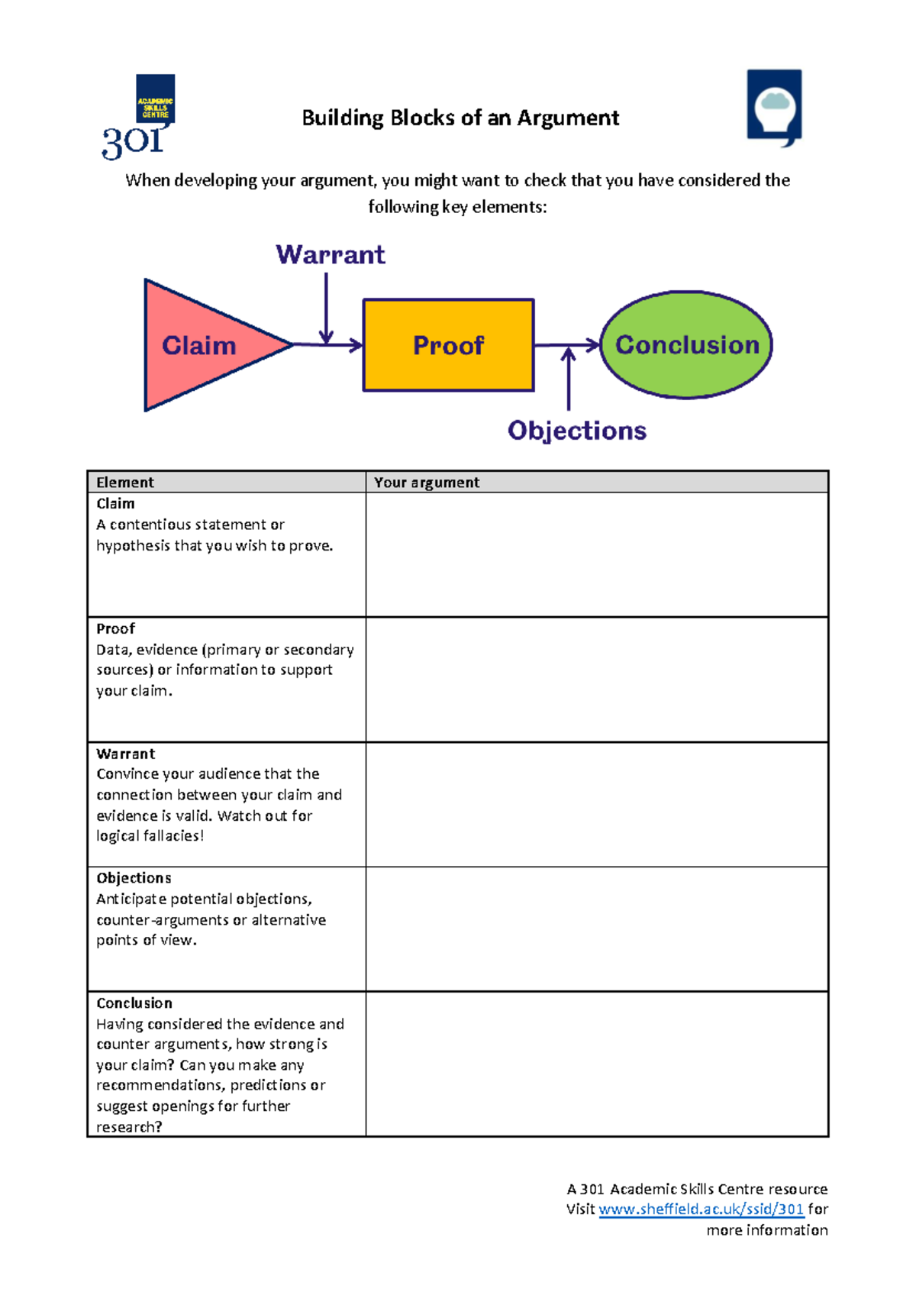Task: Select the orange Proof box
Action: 448,345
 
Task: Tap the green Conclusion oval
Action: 686,345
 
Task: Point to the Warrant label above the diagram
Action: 331,254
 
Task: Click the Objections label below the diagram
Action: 577,431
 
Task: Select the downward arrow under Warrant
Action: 326,309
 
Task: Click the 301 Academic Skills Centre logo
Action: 142,116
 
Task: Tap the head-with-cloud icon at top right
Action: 774,107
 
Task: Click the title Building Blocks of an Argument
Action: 460,118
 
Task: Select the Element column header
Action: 125,483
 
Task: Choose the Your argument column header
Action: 427,483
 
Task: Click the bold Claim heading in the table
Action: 116,504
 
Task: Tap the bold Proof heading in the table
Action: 116,628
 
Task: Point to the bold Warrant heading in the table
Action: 126,754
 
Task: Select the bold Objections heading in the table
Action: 134,878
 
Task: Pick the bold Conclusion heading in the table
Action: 134,1003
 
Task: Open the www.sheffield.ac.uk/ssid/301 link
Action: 701,1209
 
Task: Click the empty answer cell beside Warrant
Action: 597,804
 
